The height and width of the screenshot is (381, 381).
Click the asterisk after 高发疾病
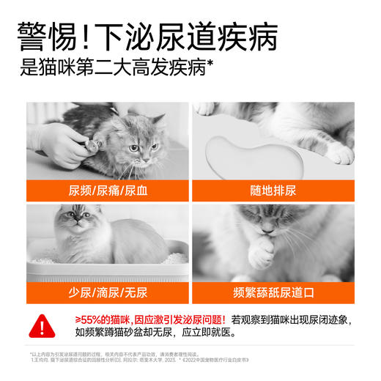click(x=210, y=64)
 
